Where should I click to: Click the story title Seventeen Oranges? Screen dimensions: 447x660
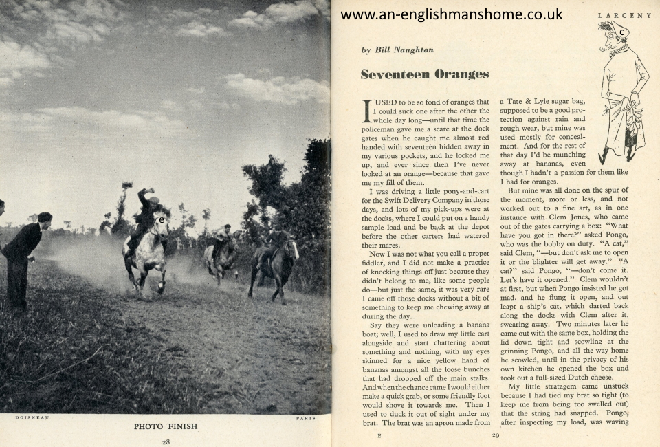pos(425,74)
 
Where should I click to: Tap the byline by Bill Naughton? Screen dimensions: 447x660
pos(397,50)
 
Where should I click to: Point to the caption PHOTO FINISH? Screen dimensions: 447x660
pos(165,426)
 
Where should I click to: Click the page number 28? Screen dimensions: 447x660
pos(166,441)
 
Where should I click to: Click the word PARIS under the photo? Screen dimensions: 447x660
pos(306,417)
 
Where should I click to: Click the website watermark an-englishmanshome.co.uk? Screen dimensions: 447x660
pos(451,14)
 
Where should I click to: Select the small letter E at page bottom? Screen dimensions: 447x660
pos(379,435)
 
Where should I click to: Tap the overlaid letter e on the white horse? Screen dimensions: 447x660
pos(161,221)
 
